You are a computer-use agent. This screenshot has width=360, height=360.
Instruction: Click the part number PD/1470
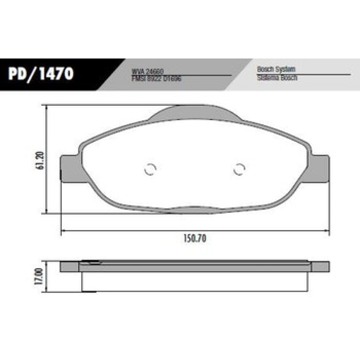tap(41, 74)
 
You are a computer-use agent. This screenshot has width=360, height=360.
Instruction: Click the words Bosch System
tap(276, 70)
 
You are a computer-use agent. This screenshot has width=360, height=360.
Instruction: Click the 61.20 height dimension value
tap(41, 160)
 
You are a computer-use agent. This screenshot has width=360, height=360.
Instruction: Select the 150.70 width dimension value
tap(195, 239)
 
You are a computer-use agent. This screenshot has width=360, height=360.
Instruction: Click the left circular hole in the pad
tap(150, 169)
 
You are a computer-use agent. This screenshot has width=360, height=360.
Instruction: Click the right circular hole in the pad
tap(239, 169)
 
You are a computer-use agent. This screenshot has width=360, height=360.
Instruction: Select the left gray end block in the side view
tap(69, 267)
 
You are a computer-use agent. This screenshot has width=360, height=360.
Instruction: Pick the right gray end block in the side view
tap(320, 267)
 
